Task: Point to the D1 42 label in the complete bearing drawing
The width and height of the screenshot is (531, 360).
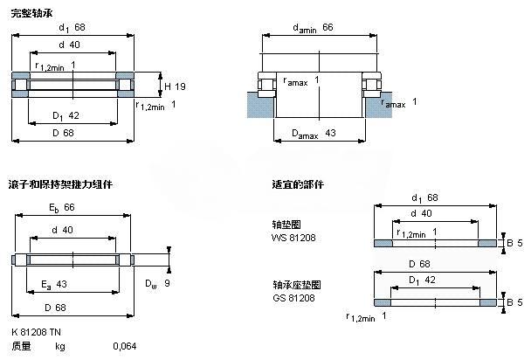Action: coord(66,114)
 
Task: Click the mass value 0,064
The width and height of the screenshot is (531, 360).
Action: coord(124,347)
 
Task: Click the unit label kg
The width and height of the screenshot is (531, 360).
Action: coord(60,347)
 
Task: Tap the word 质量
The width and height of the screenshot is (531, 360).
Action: coord(22,347)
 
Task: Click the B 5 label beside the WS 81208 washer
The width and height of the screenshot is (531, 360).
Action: coord(515,243)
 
